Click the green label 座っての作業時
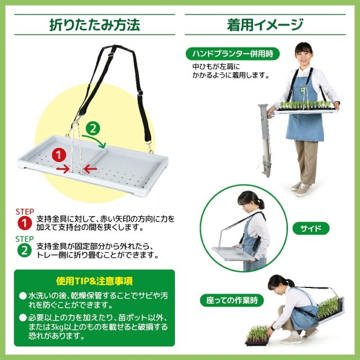click(231, 300)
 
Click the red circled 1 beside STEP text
click(24, 224)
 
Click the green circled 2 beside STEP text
click(24, 250)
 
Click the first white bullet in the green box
click(22, 295)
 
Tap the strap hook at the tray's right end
click(151, 149)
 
